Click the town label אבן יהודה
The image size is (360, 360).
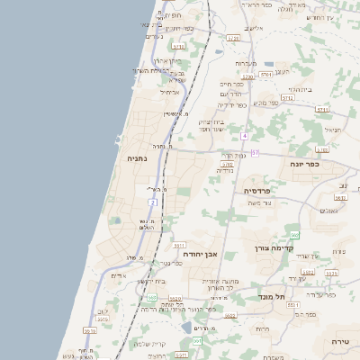201,255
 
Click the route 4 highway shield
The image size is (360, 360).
244,135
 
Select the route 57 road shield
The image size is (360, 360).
255,153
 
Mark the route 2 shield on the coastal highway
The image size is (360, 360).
153,202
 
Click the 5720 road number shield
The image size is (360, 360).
233,38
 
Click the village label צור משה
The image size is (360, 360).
257,203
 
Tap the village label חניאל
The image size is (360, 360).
334,130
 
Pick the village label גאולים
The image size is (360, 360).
329,211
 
